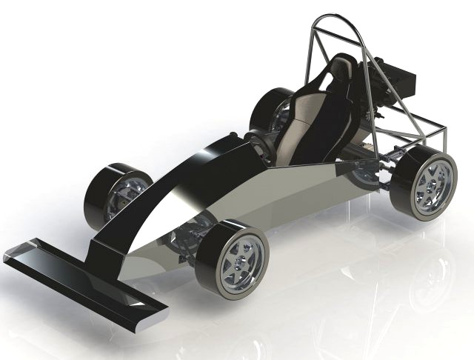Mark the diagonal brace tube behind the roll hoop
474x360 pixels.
pyautogui.click(x=400, y=111)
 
